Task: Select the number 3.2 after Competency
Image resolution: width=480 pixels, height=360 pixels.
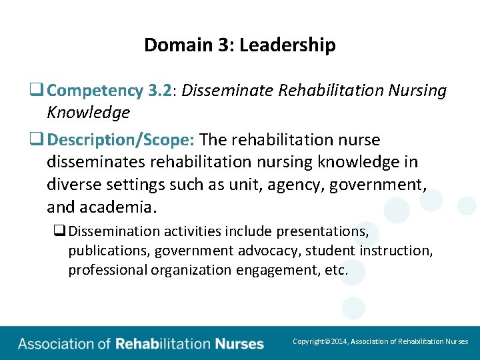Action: [159, 91]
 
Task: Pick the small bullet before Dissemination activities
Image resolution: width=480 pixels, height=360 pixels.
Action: [59, 231]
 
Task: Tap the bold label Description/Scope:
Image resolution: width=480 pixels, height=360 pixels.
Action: [121, 140]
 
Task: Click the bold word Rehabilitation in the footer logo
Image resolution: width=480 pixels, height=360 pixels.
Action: [163, 344]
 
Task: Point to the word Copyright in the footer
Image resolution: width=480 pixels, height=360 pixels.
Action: [309, 341]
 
